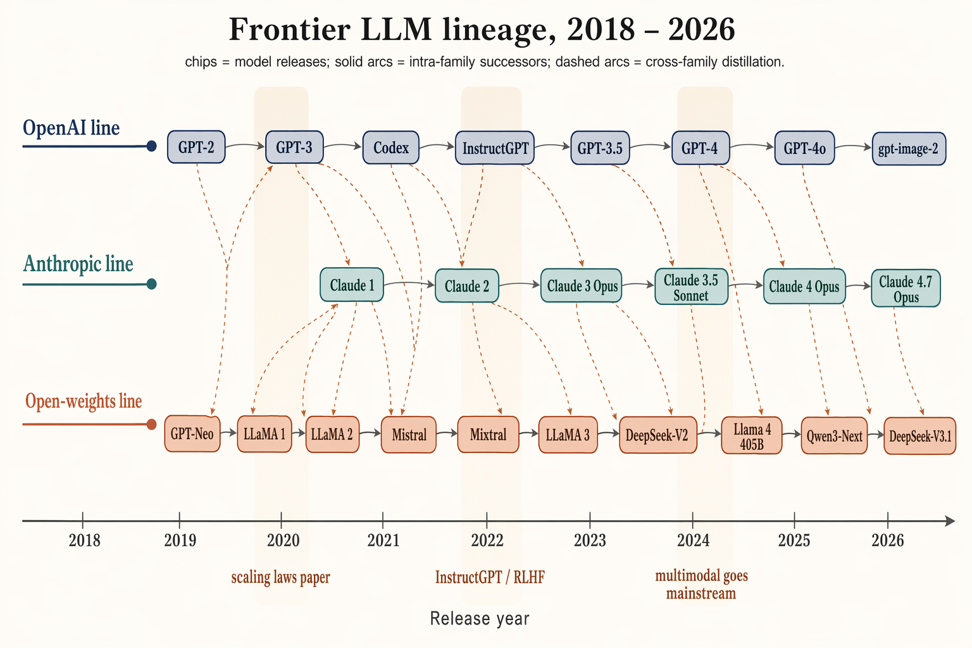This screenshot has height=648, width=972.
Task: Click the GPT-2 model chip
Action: pos(196,147)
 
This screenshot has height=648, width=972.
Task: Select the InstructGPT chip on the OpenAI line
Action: pos(495,148)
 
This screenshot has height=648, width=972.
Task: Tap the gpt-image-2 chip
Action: pos(909,149)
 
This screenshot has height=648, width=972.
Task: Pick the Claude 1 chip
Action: pos(351,285)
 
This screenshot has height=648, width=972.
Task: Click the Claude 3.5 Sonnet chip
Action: pos(690,287)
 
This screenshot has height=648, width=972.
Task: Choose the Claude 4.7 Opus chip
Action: pos(906,289)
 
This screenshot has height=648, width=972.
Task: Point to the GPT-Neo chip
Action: pos(192,434)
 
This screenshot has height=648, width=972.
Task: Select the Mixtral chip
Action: pos(488,434)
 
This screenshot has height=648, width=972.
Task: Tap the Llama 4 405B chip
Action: pos(752,435)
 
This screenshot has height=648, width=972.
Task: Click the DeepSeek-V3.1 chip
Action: pos(919,435)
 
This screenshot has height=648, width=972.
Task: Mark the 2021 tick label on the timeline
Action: pos(383,540)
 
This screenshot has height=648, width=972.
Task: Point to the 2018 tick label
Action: pos(84,540)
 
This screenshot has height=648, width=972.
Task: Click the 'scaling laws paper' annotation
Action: pos(280,577)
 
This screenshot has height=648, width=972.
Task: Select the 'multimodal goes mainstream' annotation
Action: pos(701,584)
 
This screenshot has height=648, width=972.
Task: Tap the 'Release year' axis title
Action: pos(479,618)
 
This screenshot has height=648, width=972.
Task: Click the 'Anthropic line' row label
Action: pos(78,264)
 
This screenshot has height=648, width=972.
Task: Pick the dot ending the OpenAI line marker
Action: pos(151,146)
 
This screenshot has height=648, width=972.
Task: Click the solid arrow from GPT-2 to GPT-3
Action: pos(245,146)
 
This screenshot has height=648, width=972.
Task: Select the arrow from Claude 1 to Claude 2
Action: pos(409,283)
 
